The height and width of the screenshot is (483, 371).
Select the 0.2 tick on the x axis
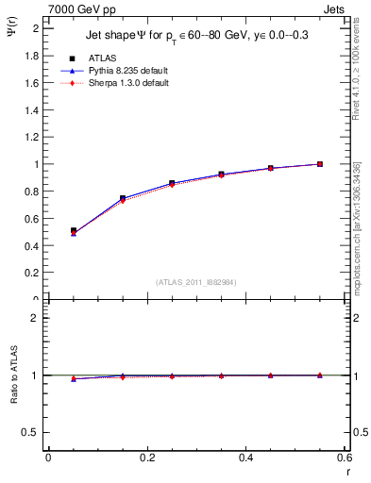point(146,458)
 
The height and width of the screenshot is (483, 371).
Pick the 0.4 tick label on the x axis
point(245,458)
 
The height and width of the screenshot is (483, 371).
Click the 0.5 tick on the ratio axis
point(34,432)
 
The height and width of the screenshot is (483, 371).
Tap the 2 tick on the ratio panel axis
point(38,318)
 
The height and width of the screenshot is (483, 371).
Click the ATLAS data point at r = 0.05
point(74,230)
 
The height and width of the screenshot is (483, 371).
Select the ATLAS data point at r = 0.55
point(320,164)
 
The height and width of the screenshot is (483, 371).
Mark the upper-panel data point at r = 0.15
point(123,198)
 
